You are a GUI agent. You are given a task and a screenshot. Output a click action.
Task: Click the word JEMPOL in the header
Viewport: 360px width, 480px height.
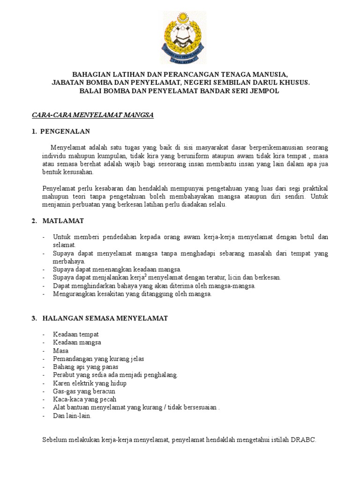(265, 91)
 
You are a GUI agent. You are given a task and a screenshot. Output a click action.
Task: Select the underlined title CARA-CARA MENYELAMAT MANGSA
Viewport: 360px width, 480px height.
(93, 114)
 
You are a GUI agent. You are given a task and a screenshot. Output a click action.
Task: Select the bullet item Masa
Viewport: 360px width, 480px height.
(61, 351)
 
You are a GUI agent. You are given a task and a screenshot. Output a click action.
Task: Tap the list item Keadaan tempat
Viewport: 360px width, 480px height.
(76, 334)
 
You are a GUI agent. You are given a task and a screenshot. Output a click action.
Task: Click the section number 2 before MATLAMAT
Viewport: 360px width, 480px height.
(34, 220)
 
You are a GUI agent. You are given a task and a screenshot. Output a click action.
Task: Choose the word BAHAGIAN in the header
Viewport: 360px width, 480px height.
(90, 74)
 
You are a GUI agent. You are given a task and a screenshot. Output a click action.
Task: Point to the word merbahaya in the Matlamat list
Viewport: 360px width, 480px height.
(69, 261)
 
